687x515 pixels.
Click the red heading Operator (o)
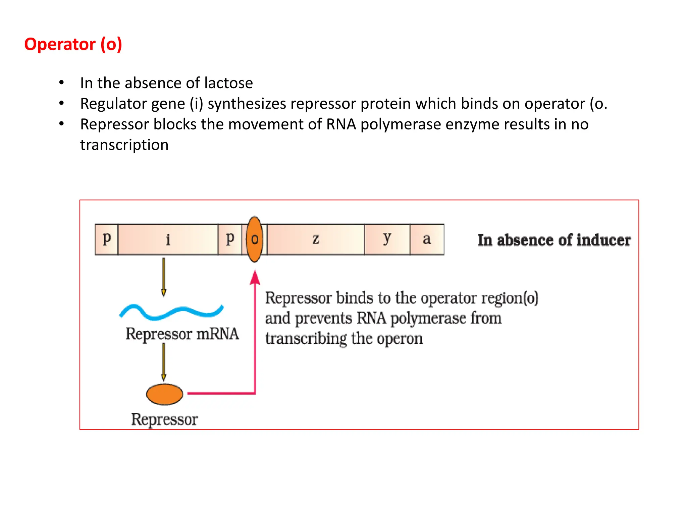click(x=73, y=44)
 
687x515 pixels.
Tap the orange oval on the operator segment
click(x=254, y=239)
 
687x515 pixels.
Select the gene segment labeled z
click(x=316, y=239)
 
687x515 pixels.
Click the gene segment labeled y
click(x=387, y=239)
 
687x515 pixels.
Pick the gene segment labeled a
click(x=427, y=239)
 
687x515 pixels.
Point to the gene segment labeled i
click(x=168, y=239)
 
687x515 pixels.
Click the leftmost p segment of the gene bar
click(x=106, y=239)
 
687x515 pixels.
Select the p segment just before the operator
click(x=230, y=239)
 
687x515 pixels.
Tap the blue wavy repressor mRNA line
click(x=171, y=312)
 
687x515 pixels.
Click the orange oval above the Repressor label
click(x=164, y=394)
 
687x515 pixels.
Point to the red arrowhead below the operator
click(x=255, y=278)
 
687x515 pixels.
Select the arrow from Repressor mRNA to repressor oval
click(x=164, y=362)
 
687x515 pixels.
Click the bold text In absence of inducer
click(x=554, y=240)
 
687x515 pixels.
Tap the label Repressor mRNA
click(x=182, y=334)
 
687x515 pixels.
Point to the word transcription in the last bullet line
click(x=124, y=145)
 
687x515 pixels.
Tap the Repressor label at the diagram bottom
click(x=164, y=419)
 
